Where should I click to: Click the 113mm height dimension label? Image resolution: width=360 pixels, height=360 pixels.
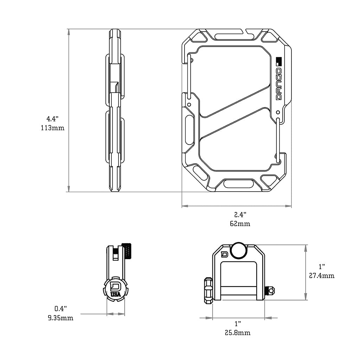(53, 128)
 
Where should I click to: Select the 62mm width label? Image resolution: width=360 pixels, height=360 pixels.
(240, 224)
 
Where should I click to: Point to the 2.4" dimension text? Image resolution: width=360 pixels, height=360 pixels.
(240, 214)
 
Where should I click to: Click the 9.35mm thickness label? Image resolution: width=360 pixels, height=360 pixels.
(60, 318)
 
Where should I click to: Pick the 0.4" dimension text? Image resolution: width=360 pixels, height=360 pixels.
(60, 309)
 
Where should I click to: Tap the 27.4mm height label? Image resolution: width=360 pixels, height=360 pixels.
(322, 276)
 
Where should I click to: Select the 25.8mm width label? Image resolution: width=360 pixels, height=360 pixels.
(238, 332)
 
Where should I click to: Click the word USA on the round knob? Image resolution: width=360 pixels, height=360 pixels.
(115, 294)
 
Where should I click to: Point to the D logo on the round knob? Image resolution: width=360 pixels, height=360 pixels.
(115, 285)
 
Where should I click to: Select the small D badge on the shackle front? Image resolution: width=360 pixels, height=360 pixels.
(224, 254)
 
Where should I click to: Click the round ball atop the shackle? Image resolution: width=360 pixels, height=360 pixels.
(239, 250)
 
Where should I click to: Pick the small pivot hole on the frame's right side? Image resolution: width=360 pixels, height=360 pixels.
(278, 112)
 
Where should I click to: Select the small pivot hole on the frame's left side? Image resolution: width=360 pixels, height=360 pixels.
(189, 104)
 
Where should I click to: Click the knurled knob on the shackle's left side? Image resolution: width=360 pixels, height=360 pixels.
(207, 290)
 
